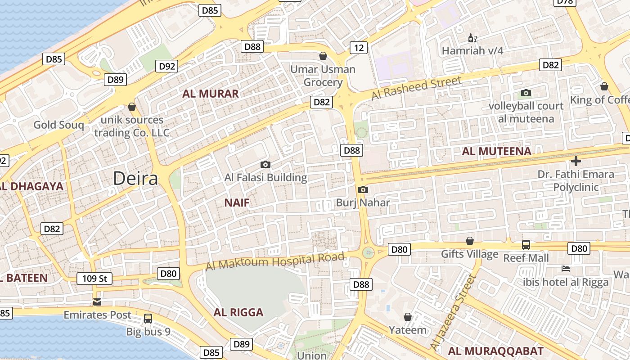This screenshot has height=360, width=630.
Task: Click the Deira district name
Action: click(135, 179)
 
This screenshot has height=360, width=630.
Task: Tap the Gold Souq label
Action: click(58, 125)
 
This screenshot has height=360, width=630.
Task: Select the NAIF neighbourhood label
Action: click(237, 203)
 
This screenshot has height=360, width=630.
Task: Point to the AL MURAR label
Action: click(210, 94)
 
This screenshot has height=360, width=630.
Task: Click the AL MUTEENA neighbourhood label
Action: click(497, 151)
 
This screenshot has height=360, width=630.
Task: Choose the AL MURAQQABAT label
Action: click(495, 351)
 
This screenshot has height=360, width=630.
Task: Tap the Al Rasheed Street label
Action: click(416, 88)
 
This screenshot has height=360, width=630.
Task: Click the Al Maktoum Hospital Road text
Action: click(275, 261)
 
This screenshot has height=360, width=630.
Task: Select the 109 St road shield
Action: click(94, 279)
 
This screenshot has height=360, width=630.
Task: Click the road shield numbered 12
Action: click(359, 48)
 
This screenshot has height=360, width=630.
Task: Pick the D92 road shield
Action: click(167, 67)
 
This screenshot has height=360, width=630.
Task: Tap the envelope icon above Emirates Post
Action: click(97, 302)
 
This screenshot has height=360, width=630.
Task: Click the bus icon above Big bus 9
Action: click(148, 319)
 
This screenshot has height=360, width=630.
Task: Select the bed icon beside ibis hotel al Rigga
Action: click(566, 269)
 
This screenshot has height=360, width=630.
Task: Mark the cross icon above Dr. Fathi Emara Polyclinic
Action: click(576, 161)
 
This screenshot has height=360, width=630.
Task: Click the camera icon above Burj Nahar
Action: click(363, 190)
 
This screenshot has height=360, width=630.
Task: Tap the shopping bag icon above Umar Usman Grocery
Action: click(323, 56)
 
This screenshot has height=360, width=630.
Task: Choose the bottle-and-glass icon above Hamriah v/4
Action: click(472, 38)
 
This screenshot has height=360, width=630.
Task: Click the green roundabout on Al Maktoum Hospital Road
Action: click(369, 252)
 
